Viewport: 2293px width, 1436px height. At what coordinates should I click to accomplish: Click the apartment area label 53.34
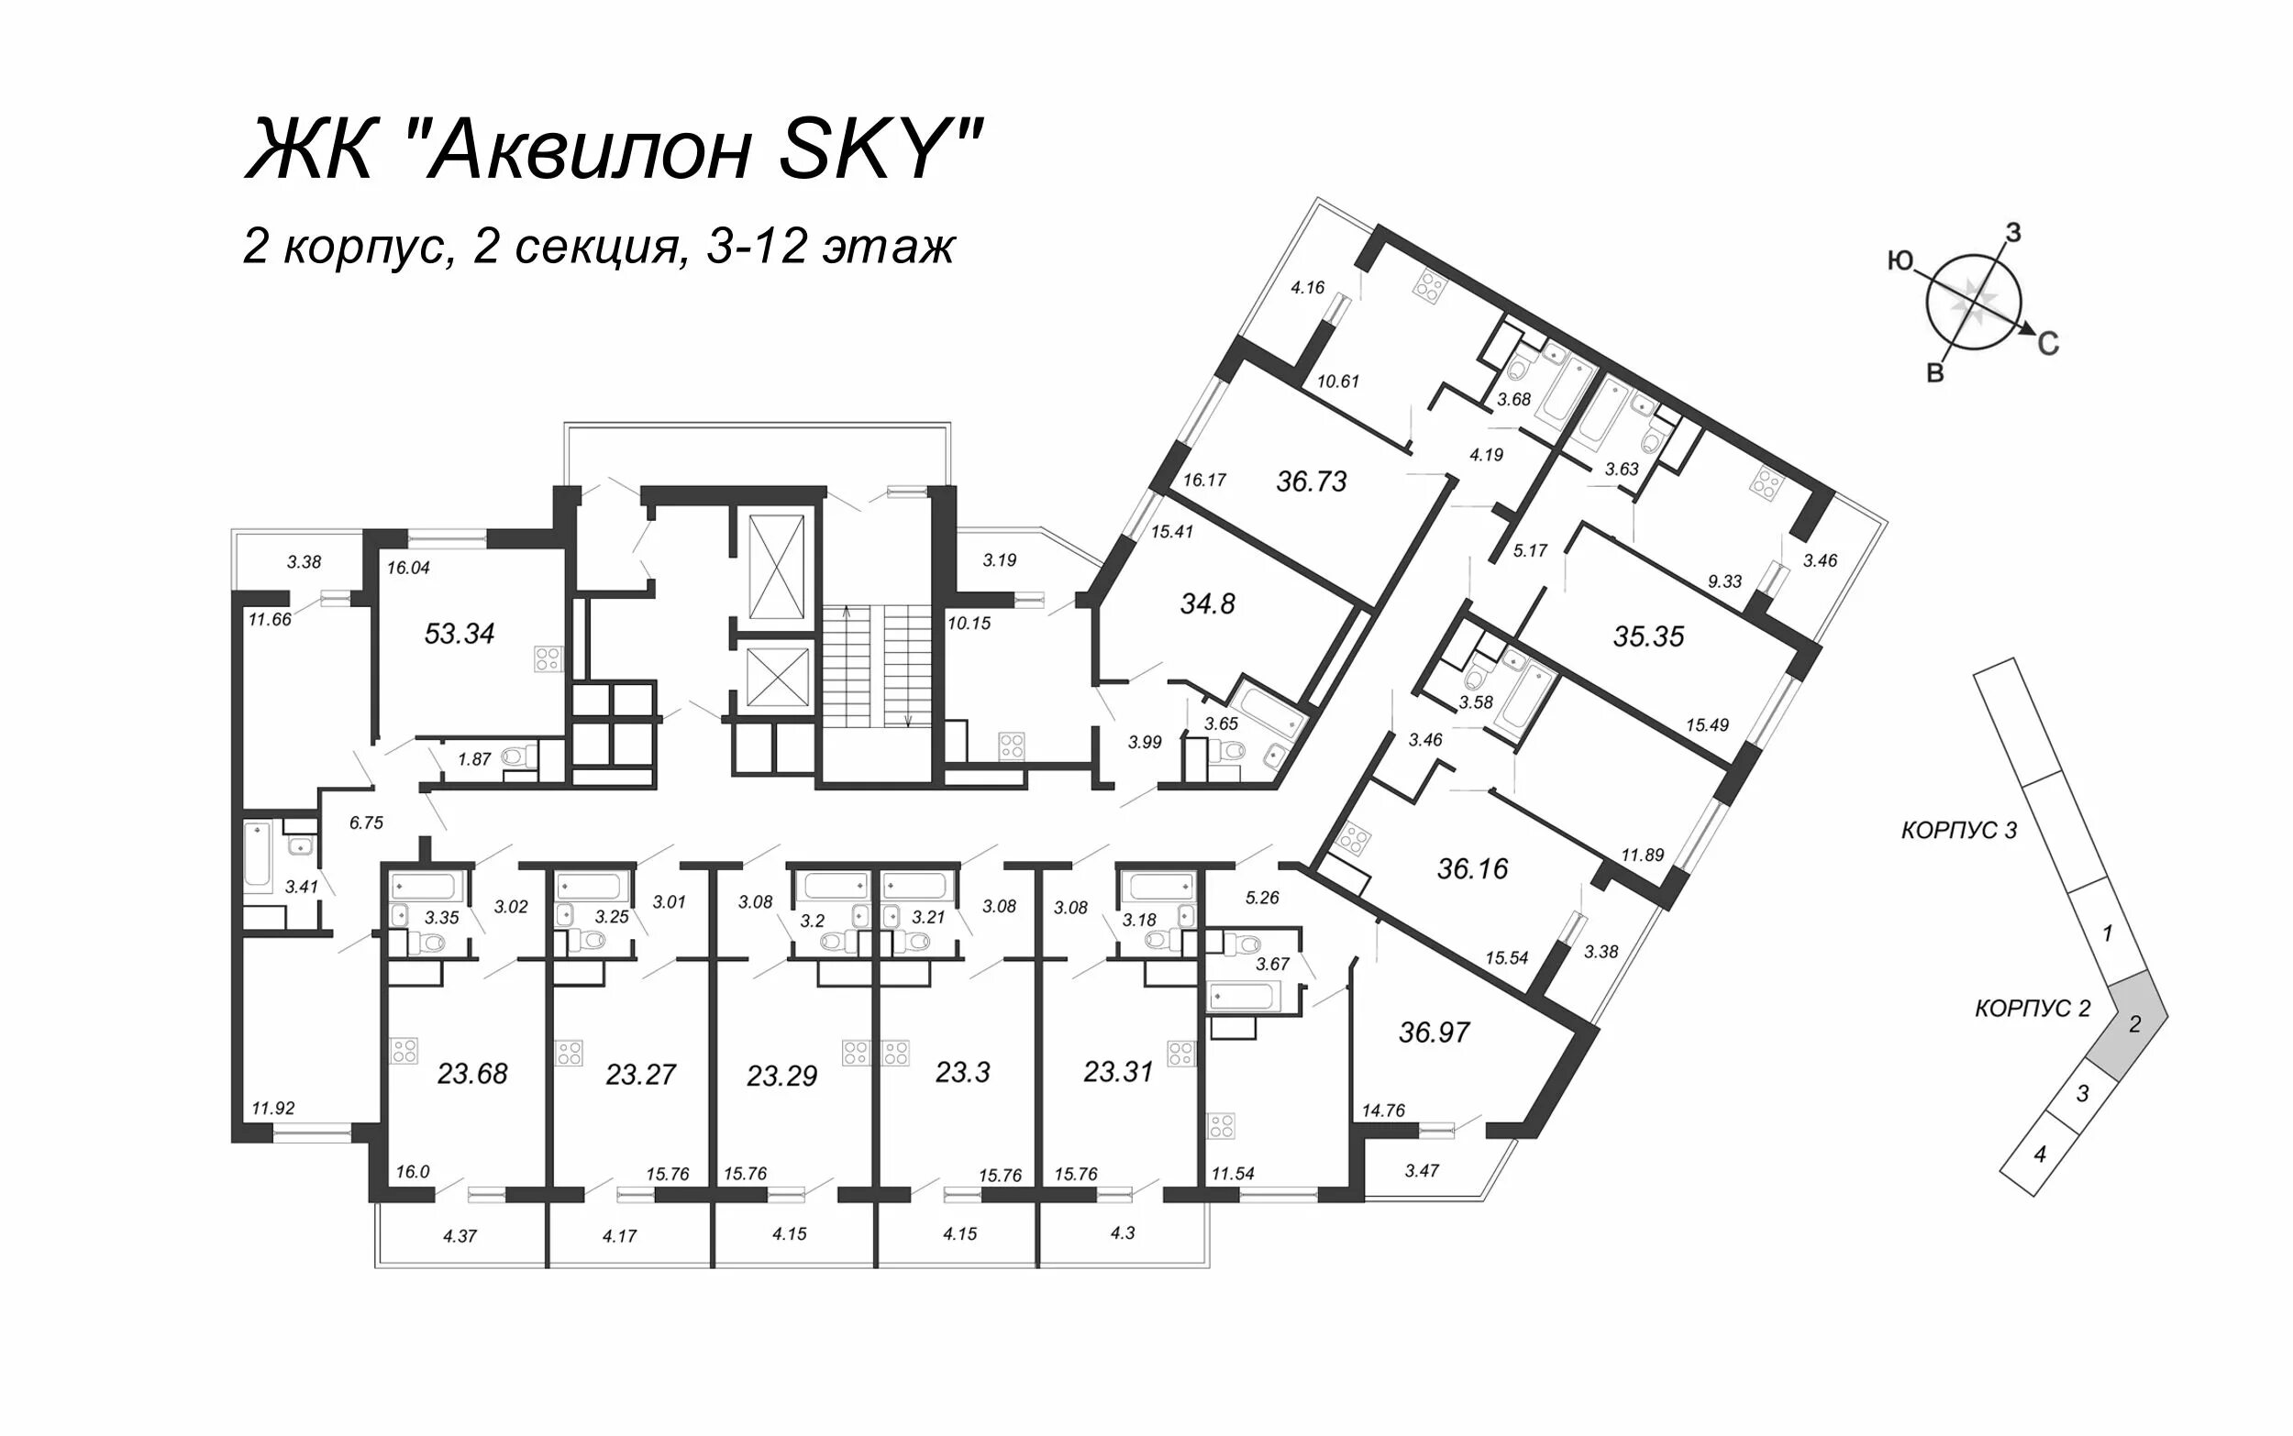click(x=460, y=634)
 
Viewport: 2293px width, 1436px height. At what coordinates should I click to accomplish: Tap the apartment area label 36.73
click(x=1311, y=481)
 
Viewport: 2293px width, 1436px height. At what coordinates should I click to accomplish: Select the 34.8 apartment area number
click(x=1207, y=603)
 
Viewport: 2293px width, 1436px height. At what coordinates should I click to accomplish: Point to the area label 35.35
click(x=1648, y=636)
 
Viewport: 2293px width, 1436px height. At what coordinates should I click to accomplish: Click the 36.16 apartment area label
click(x=1472, y=868)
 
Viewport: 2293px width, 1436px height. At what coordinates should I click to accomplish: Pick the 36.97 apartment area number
click(x=1435, y=1032)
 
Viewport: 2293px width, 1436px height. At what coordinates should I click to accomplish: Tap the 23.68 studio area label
click(x=472, y=1073)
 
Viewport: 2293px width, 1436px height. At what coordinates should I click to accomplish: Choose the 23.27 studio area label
click(x=641, y=1074)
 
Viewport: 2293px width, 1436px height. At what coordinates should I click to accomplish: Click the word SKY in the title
click(x=872, y=150)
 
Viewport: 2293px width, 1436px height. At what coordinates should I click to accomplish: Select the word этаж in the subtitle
click(x=888, y=248)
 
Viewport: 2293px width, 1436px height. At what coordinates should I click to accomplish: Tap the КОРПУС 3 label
click(x=1958, y=830)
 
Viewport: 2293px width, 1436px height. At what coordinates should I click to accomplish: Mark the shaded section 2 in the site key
click(x=2132, y=1025)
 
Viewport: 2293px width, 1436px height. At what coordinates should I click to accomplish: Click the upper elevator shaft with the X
click(x=776, y=566)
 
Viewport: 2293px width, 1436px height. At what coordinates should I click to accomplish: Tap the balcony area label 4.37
click(x=460, y=1235)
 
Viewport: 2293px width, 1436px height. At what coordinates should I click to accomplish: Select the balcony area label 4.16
click(x=1307, y=287)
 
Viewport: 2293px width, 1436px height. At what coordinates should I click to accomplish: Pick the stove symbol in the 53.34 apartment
click(x=548, y=657)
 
